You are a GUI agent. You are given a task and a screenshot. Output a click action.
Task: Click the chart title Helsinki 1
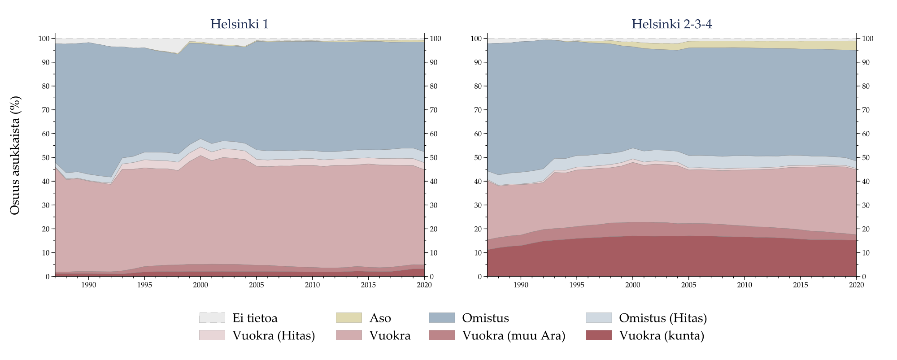[x=239, y=24]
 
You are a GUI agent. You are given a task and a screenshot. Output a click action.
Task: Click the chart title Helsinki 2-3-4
[x=671, y=24]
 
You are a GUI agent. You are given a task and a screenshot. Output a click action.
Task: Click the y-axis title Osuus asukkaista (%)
[x=15, y=155]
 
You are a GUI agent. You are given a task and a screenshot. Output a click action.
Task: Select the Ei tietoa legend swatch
[x=212, y=318]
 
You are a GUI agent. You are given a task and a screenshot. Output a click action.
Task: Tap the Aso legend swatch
[x=348, y=318]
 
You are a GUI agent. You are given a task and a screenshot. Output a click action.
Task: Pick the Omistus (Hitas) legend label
[x=662, y=318]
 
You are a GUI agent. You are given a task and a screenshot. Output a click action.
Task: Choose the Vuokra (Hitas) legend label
[x=274, y=335]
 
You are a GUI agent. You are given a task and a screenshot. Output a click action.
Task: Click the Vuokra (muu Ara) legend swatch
[x=442, y=335]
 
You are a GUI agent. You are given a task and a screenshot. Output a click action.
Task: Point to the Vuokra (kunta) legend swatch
[x=598, y=335]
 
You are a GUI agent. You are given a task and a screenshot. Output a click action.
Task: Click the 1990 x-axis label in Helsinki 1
[x=89, y=285]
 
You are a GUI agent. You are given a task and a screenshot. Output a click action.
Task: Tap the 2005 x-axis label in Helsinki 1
[x=257, y=285]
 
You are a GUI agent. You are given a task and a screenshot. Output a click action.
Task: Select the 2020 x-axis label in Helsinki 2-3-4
[x=856, y=285]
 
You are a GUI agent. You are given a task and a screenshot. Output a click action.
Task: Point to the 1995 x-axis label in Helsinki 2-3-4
[x=576, y=285]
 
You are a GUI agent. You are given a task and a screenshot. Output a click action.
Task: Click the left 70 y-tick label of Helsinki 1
[x=46, y=110]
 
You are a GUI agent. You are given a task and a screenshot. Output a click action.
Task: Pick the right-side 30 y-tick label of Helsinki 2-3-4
[x=866, y=205]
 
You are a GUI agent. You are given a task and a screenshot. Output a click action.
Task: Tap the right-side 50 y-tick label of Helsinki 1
[x=434, y=158]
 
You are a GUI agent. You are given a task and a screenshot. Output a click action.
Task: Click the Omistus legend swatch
[x=442, y=318]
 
